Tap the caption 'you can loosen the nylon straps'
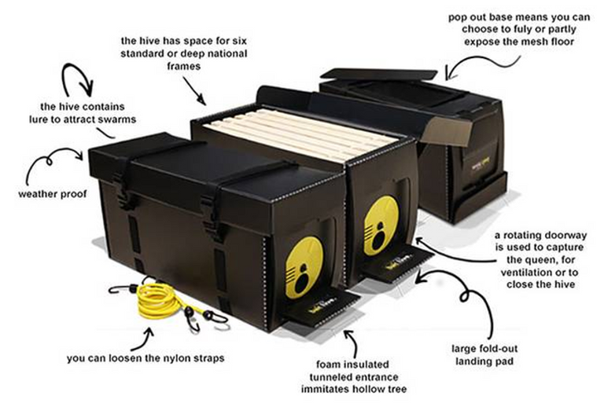146,358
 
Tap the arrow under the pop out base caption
460,68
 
